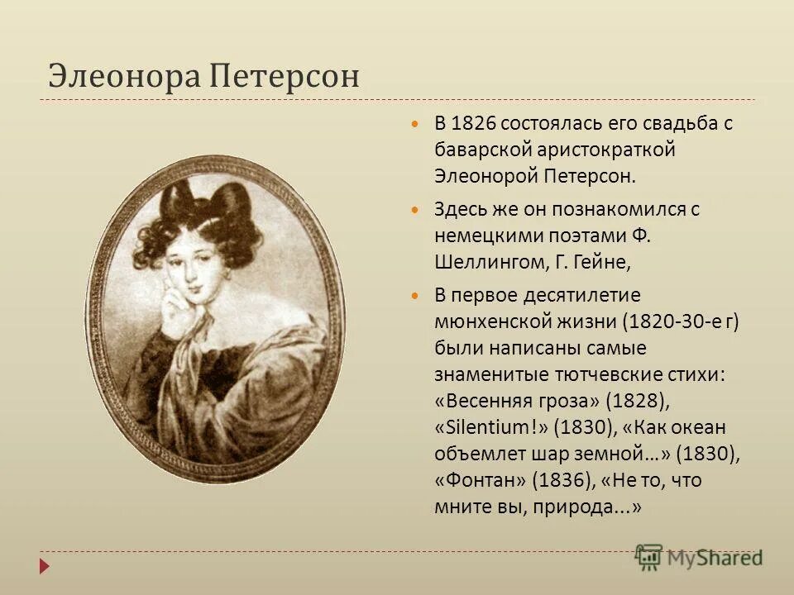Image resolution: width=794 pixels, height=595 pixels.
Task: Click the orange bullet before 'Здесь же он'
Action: coord(416,210)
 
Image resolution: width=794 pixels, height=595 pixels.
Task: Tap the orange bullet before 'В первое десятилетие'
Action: coord(416,296)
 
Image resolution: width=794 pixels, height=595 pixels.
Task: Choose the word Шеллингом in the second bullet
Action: coord(488,262)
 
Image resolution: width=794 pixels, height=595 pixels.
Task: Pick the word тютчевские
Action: coord(611,374)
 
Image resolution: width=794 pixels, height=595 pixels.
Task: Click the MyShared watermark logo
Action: coord(699,557)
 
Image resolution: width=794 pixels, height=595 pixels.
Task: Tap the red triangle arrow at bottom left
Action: coord(45,566)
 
